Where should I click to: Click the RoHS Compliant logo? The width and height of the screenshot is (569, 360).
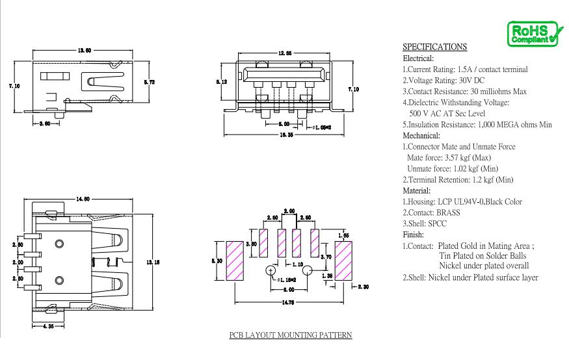535,34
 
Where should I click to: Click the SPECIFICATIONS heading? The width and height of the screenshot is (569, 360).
435,47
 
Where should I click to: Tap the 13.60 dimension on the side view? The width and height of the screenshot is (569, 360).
84,51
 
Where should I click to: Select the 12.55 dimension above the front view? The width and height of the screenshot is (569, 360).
285,53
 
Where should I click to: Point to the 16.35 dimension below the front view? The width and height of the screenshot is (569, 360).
286,135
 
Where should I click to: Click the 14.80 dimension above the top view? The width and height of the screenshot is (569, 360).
83,199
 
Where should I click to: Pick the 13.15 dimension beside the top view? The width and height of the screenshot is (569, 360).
153,262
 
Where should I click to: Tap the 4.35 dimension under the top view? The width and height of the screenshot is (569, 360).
48,326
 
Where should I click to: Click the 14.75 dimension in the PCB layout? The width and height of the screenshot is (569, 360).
288,303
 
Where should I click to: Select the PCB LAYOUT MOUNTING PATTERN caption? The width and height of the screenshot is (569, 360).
291,335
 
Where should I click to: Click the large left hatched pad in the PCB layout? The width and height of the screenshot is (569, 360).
235,261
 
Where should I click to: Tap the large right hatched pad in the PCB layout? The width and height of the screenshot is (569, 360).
343,261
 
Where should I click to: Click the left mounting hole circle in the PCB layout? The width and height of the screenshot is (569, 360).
271,270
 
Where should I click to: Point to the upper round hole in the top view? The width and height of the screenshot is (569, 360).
59,244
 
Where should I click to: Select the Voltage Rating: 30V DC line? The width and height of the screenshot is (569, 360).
443,81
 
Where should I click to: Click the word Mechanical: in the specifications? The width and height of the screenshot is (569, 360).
421,136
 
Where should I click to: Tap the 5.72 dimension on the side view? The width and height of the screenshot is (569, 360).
149,83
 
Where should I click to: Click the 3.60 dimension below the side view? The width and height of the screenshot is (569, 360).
45,123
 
